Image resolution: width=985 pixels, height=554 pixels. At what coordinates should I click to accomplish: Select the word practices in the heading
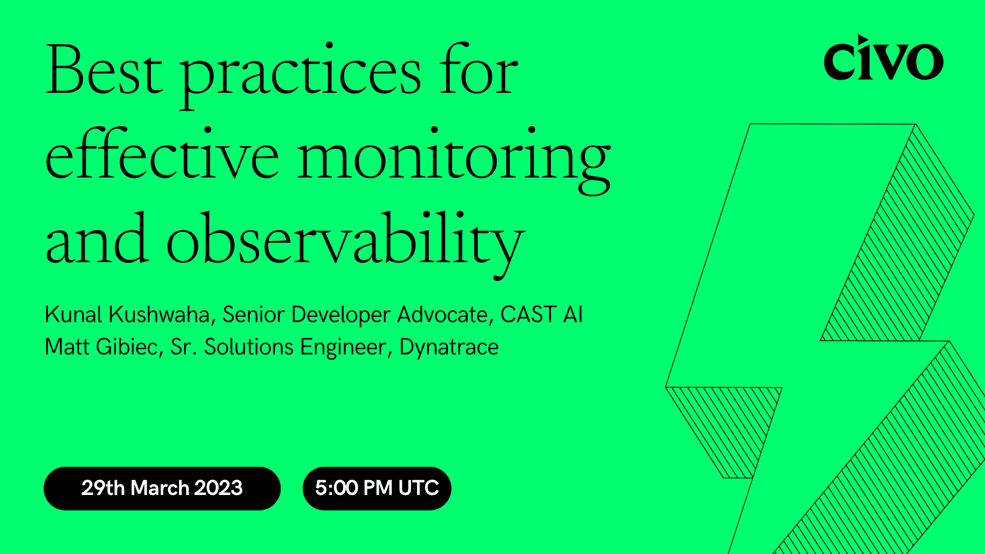point(300,74)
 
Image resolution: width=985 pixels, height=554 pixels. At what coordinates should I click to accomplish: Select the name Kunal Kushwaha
point(127,314)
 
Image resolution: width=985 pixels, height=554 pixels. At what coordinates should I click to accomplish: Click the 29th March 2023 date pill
point(162,488)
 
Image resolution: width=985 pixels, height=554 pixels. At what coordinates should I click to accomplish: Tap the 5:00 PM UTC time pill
point(377,488)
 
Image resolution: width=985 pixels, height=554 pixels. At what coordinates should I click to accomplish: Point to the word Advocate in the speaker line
point(442,314)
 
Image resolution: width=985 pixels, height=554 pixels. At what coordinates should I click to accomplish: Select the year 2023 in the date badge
point(218,488)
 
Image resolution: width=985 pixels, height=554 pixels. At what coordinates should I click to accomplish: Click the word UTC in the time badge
point(418,488)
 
